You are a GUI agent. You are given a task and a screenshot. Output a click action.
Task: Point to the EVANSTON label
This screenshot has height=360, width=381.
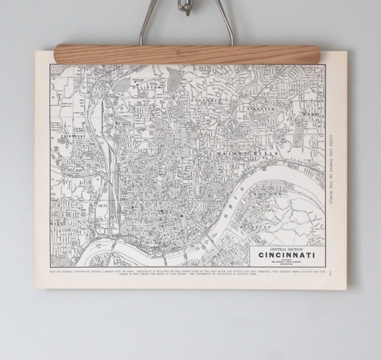(261, 109)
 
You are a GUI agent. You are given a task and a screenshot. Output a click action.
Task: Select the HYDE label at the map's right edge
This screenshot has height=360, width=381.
(310, 115)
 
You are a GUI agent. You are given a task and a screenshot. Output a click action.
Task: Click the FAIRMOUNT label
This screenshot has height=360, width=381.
(73, 136)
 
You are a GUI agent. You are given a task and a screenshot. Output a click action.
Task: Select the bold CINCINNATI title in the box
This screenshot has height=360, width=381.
(287, 255)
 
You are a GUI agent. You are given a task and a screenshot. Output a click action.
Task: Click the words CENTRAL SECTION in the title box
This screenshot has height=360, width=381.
(287, 249)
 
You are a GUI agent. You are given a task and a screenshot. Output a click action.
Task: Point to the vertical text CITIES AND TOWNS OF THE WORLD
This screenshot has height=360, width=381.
(331, 169)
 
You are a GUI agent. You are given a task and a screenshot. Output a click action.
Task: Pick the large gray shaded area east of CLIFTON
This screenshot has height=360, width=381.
(173, 79)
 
